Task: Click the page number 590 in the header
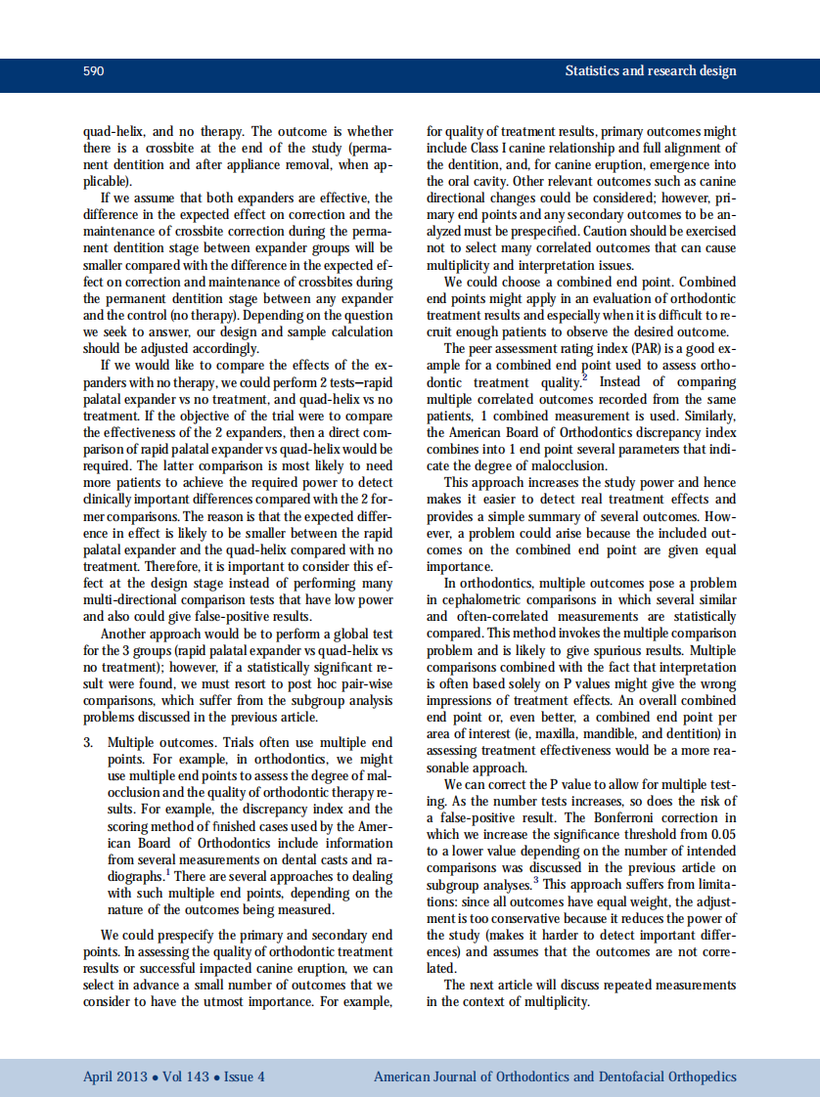pos(94,71)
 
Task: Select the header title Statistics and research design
pos(651,71)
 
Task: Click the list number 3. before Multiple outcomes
pos(89,742)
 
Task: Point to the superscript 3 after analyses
pos(534,879)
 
